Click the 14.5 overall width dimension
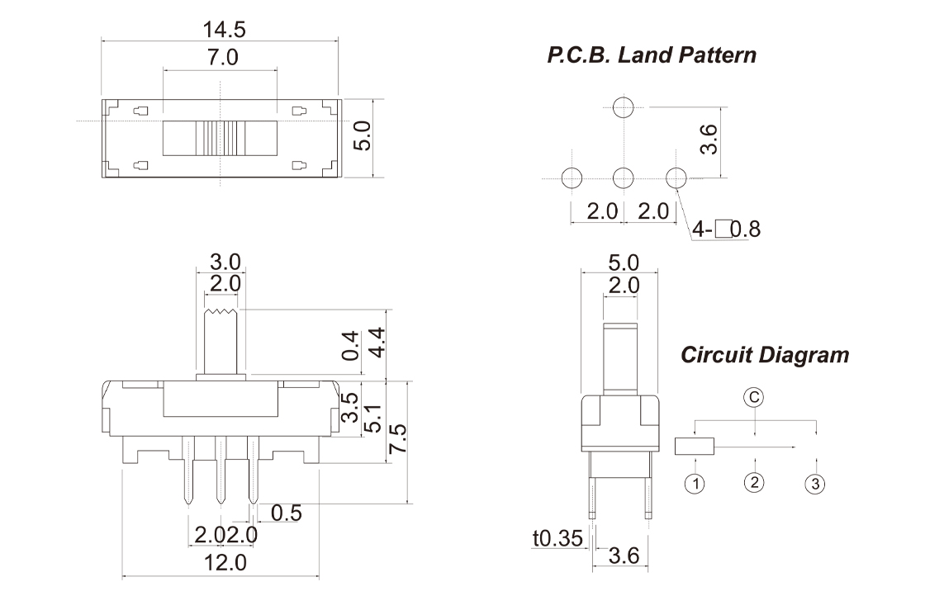click(x=224, y=30)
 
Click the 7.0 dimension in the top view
click(x=221, y=59)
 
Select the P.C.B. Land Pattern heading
click(x=651, y=56)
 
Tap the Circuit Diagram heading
click(x=765, y=355)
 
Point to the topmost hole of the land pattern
click(x=623, y=106)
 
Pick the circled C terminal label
click(x=753, y=397)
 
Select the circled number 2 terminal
click(x=753, y=482)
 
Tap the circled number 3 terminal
click(x=814, y=484)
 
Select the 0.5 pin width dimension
click(x=286, y=513)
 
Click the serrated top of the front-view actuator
click(x=221, y=312)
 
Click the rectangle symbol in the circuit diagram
click(x=695, y=447)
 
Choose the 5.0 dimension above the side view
click(x=623, y=263)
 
